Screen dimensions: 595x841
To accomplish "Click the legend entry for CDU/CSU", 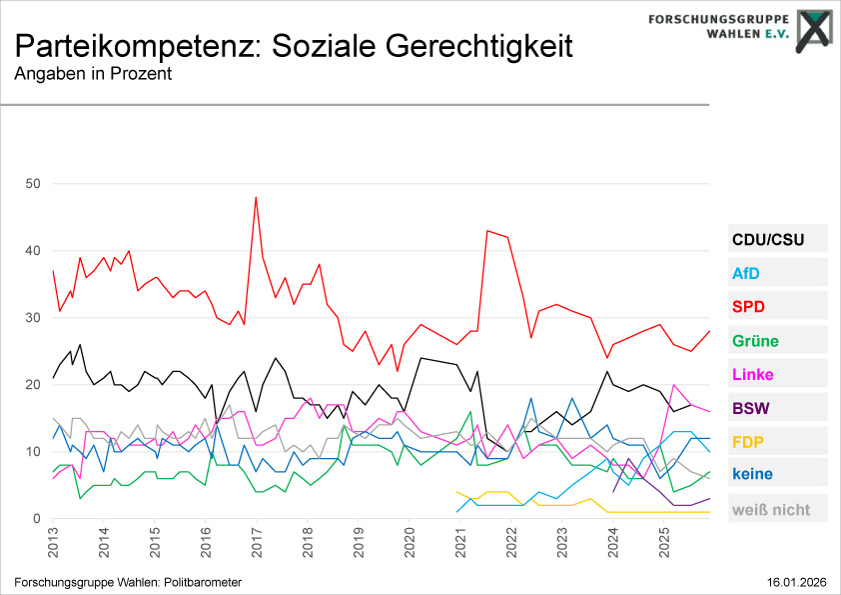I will (x=767, y=240).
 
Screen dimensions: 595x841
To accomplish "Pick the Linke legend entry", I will (x=752, y=375).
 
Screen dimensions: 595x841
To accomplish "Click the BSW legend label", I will (x=750, y=408).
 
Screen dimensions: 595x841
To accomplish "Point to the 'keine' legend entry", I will (x=752, y=475).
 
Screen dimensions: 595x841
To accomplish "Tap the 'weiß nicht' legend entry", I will (x=771, y=509).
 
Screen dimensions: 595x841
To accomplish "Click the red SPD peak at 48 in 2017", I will (x=257, y=197).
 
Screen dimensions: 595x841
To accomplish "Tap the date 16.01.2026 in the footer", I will (x=797, y=582).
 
